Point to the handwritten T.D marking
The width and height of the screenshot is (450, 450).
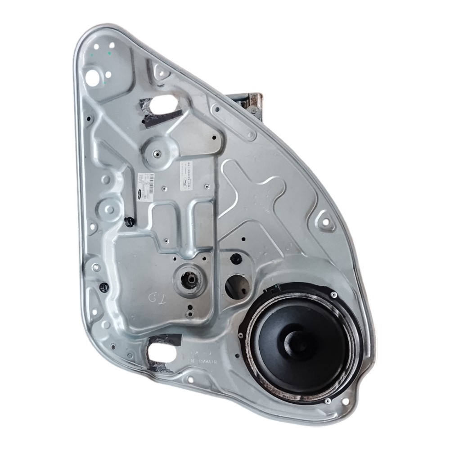(158, 297)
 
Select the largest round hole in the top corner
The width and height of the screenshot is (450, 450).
(95, 76)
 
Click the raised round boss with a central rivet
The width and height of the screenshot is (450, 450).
(158, 153)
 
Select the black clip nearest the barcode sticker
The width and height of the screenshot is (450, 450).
(129, 220)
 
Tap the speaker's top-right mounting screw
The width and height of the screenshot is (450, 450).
(333, 294)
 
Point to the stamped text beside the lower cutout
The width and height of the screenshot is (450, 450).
(202, 355)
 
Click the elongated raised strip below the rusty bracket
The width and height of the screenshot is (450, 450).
(235, 120)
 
